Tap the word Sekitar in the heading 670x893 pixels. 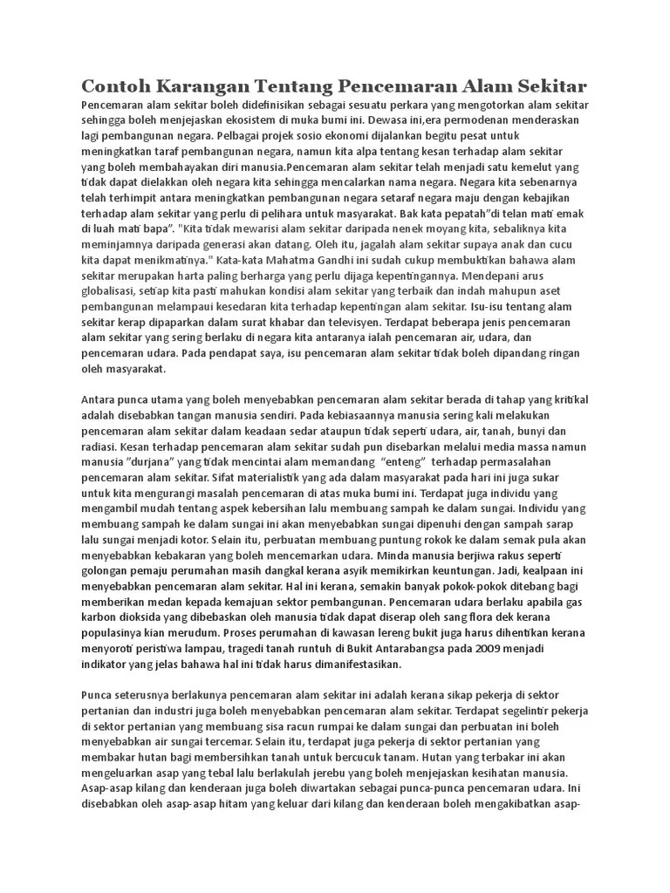548,85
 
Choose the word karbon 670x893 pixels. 99,617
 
